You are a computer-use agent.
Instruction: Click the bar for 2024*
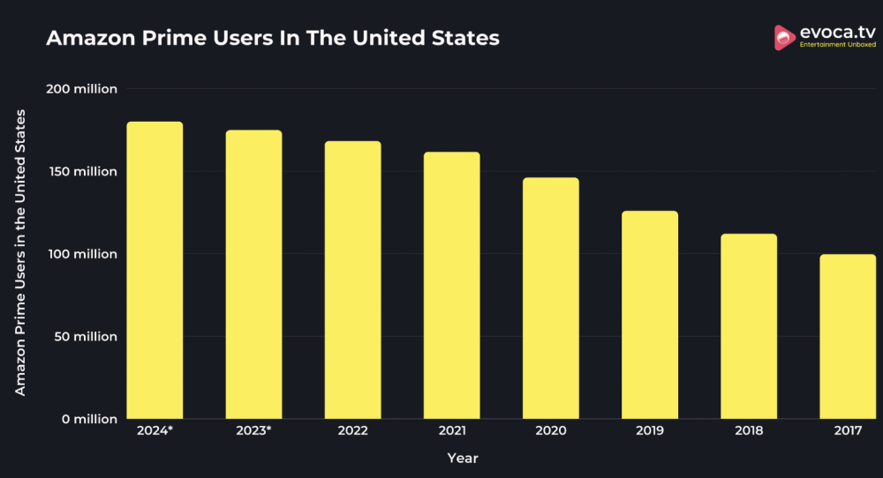tap(155, 270)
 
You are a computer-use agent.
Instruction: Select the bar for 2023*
tap(253, 274)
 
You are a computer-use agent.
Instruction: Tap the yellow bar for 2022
tap(352, 280)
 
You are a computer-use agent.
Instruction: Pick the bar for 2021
tap(451, 285)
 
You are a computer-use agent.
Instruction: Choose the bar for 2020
tap(550, 298)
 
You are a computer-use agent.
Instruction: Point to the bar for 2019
tap(650, 315)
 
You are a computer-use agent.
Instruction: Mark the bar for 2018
tap(749, 326)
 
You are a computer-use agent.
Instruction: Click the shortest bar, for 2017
tap(848, 336)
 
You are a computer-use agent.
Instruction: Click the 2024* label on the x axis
tap(155, 431)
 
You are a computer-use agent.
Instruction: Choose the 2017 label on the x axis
tap(848, 431)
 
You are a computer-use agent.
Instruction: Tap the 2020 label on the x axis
tap(550, 431)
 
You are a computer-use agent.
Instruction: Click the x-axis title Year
tap(463, 459)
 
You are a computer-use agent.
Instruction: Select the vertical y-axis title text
tap(20, 253)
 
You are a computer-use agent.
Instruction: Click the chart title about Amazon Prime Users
tap(272, 39)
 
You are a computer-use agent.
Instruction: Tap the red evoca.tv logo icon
tap(783, 37)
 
